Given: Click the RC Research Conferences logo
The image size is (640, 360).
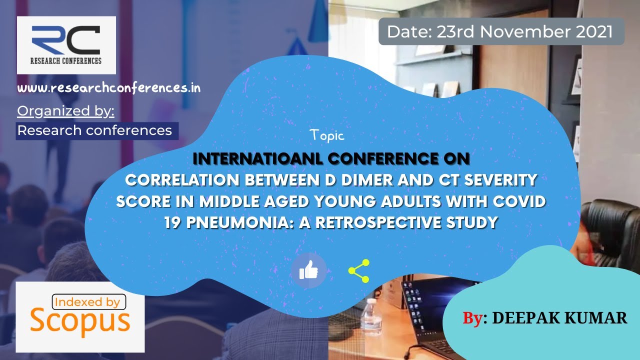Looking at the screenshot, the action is [66, 45].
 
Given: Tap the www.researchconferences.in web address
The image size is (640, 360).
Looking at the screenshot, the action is [109, 88].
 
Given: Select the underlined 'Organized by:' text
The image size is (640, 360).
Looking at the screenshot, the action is [65, 111].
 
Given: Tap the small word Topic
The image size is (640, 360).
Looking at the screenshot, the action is [327, 135].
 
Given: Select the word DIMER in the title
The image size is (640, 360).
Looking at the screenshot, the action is [367, 180].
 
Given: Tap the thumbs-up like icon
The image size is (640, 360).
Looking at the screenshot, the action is [308, 270].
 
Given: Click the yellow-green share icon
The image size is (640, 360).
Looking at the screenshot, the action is [359, 271].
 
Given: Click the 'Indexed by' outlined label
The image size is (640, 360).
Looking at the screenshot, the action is [89, 302].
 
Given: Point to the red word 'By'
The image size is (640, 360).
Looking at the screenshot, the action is [472, 318].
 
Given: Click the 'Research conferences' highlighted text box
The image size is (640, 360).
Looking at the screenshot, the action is [97, 131].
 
